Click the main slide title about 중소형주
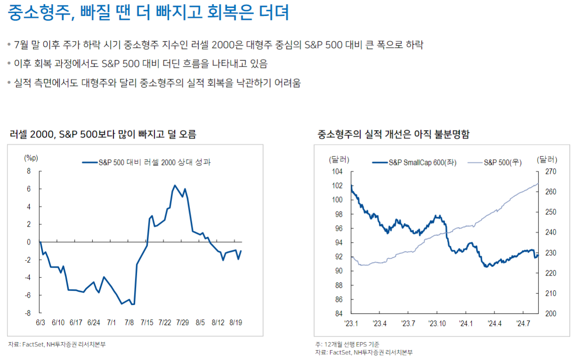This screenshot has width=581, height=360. click(x=148, y=13)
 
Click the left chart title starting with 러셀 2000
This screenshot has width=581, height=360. click(x=103, y=134)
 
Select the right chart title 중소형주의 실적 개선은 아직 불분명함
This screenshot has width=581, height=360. click(x=394, y=134)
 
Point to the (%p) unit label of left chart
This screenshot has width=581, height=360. click(x=31, y=158)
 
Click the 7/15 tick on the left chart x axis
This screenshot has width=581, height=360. click(x=147, y=323)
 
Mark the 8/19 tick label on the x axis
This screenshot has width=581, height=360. click(x=236, y=323)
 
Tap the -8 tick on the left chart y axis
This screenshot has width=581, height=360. click(x=29, y=313)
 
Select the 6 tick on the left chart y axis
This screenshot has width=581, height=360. click(x=29, y=189)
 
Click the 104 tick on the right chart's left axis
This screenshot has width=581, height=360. click(x=337, y=172)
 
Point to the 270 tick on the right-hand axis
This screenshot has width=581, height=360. click(x=550, y=172)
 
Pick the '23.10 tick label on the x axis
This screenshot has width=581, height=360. click(x=437, y=323)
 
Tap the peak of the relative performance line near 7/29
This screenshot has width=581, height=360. click(x=175, y=185)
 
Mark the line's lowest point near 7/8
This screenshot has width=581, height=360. click(x=133, y=304)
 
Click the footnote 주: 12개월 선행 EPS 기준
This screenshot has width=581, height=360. click(x=347, y=344)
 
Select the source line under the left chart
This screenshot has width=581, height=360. click(x=57, y=344)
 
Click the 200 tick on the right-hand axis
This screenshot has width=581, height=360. click(x=550, y=314)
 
